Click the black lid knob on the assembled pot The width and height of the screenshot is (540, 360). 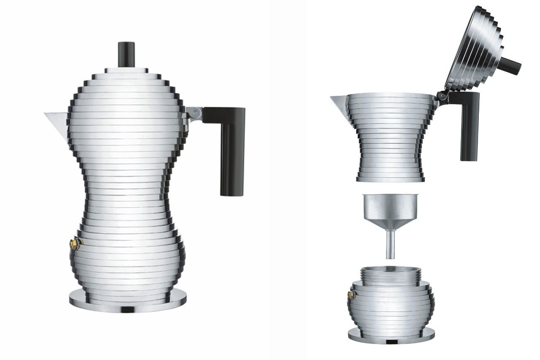[127, 54]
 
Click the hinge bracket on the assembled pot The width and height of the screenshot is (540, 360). [193, 112]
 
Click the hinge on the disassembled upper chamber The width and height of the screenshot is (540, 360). [442, 96]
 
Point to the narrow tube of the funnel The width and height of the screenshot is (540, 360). [391, 245]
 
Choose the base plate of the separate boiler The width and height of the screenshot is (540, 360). [391, 336]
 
